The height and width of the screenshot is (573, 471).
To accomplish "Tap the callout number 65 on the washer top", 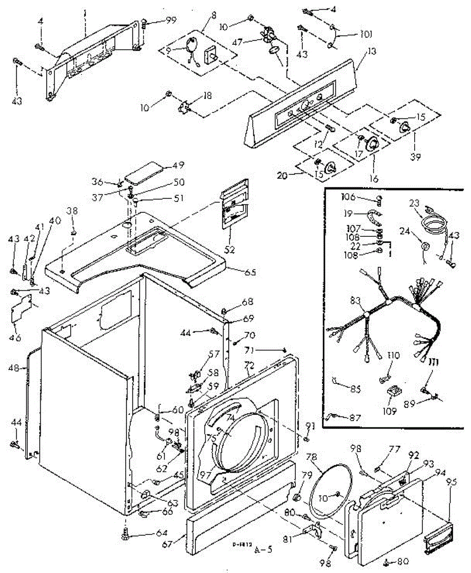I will (250, 273).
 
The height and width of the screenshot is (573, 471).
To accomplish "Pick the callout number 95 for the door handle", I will (451, 483).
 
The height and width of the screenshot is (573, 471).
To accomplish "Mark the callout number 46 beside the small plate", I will (17, 338).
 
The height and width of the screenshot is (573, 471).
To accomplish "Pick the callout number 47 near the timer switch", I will (248, 42).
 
